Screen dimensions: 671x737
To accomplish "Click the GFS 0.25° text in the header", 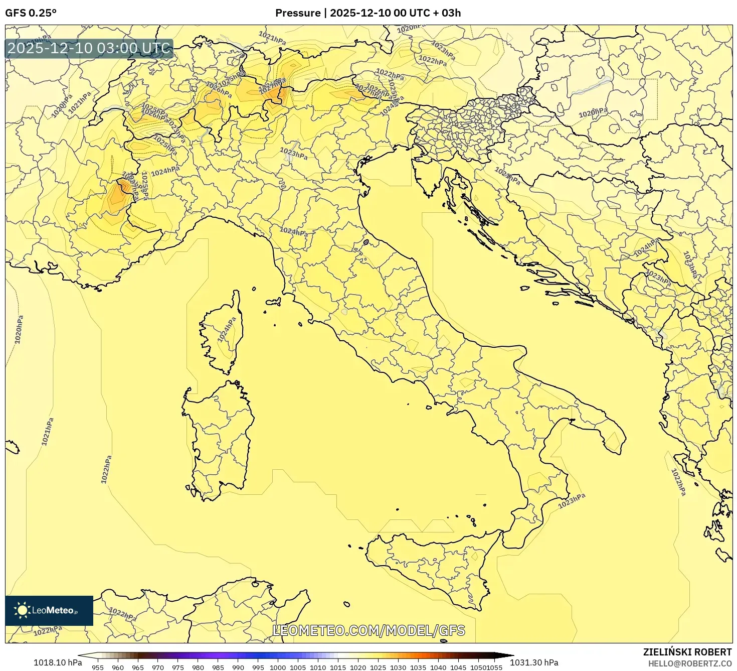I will [x=31, y=13].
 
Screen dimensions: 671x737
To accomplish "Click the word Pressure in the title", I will [x=298, y=13].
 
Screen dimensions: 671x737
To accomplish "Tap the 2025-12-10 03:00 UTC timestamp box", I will [x=89, y=49].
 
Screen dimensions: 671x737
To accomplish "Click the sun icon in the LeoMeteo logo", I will [x=22, y=610].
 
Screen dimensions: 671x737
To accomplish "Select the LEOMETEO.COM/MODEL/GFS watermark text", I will [x=368, y=630].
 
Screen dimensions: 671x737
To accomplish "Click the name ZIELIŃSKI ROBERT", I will [x=687, y=652].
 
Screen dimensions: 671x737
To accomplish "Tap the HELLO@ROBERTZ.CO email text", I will [x=690, y=663].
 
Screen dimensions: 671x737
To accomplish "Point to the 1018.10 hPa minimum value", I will [x=58, y=662].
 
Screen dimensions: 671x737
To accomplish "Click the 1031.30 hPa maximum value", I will [x=534, y=662].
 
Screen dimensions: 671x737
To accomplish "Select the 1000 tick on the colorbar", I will [x=278, y=667].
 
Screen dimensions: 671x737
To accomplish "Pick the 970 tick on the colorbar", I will [x=158, y=667].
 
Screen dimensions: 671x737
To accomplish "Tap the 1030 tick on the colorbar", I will [x=398, y=667].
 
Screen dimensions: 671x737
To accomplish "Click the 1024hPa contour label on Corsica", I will [x=227, y=330].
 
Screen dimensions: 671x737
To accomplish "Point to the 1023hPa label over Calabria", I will [x=572, y=500].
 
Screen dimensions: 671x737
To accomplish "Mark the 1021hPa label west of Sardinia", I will [x=47, y=432].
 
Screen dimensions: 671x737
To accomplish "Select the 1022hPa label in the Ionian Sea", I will [x=678, y=482].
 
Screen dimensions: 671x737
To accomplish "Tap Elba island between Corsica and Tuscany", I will [x=273, y=302].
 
